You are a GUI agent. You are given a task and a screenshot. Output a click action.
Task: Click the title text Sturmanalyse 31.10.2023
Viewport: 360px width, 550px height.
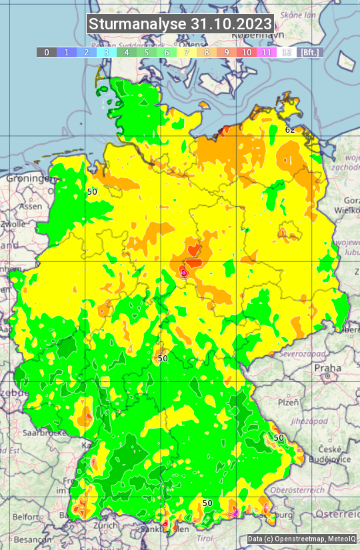180,24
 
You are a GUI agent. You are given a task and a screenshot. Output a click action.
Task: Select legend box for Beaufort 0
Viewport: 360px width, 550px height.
46,52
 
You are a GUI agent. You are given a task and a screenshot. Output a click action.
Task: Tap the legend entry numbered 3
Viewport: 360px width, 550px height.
106,52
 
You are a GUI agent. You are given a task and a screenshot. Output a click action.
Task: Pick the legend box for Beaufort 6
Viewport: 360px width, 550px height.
166,52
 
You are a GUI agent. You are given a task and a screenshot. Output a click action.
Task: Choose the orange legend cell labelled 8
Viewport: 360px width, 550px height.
206,52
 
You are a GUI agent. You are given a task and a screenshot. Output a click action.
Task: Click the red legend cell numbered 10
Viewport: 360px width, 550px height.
246,52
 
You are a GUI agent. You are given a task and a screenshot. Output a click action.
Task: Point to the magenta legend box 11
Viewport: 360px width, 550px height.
266,52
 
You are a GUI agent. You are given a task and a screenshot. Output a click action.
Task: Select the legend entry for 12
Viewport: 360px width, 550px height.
286,52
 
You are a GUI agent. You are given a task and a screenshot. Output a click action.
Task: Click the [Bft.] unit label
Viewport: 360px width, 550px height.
309,52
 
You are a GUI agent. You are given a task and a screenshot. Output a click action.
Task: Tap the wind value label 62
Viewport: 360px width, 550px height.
290,129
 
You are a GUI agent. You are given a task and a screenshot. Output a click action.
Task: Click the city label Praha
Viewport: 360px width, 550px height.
327,368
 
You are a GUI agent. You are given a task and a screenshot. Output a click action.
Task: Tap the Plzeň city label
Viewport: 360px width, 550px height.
287,403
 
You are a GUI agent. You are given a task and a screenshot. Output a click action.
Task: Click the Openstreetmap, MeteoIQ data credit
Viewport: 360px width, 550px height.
301,539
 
